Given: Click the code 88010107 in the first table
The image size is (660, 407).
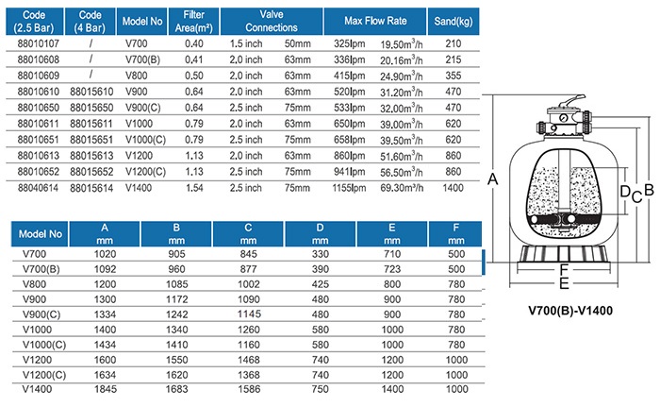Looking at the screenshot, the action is [x=39, y=43].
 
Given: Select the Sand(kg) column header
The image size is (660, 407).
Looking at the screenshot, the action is [x=454, y=21].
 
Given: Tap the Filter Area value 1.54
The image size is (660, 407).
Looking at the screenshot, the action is [x=194, y=188].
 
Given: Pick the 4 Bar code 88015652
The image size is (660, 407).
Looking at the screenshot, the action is [x=91, y=172].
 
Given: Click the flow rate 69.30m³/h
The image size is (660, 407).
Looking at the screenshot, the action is [x=402, y=188].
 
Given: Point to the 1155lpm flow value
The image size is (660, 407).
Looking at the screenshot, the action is [x=349, y=188].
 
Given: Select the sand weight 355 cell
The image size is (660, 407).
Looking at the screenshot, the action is [x=454, y=76].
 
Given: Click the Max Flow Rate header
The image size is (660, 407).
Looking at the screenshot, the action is [x=375, y=21].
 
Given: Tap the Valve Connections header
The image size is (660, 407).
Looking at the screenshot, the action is [x=272, y=21].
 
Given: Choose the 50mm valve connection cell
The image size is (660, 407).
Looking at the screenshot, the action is [x=297, y=43].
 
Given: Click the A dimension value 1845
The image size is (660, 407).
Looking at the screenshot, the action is [x=106, y=389].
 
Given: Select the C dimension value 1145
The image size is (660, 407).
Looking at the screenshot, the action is [x=249, y=314].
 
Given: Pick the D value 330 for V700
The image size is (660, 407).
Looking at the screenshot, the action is [x=321, y=254].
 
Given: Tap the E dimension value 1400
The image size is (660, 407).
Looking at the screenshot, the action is [x=392, y=389].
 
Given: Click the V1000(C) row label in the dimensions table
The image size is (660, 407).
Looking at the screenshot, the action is [x=44, y=345].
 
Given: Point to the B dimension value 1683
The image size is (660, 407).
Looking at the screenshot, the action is [x=177, y=389].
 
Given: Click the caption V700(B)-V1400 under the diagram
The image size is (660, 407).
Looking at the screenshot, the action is [x=570, y=311].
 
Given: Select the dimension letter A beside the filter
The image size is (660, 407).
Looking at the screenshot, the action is [x=492, y=179].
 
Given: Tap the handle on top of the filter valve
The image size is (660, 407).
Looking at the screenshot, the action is [x=569, y=102].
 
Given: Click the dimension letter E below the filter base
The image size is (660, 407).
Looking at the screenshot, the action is [x=564, y=284].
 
